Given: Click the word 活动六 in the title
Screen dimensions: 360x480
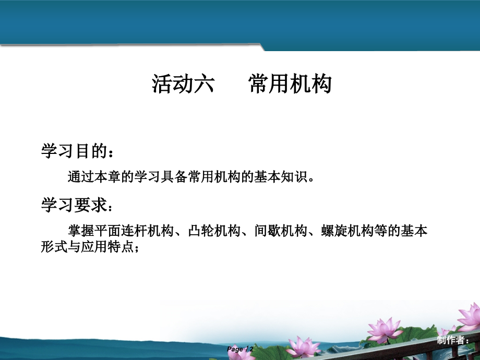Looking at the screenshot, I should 183,83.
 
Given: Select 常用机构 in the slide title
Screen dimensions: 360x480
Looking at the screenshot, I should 290,83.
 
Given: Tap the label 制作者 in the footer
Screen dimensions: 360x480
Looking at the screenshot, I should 449,341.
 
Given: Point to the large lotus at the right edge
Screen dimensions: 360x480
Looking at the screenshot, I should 469,316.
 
